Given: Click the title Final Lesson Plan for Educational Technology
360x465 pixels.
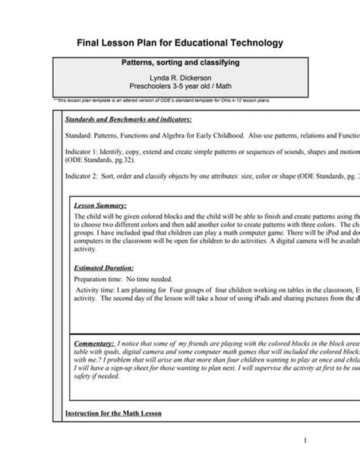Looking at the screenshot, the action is pos(180,42).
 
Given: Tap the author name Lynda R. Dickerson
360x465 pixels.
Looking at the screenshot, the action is pos(180,78).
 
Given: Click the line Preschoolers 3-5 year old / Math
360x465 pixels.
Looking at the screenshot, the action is pos(180,87).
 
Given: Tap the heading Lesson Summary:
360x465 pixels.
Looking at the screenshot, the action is pos(100,205).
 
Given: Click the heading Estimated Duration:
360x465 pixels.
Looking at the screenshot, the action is pos(103,268).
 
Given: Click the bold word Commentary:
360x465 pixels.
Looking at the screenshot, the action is pos(95,343).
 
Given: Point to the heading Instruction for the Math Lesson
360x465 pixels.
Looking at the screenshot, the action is pos(112,413).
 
